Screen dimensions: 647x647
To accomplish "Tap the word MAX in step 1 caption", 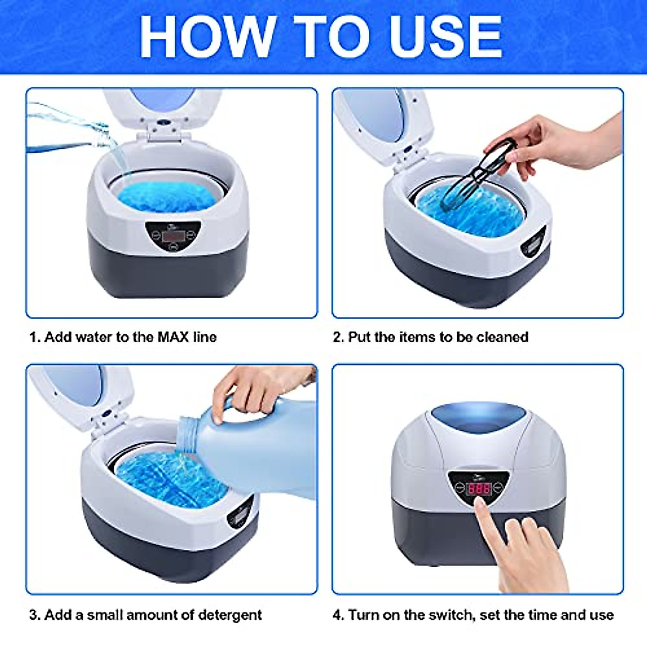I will point(173,338).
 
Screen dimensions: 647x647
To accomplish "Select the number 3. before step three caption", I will point(35,615).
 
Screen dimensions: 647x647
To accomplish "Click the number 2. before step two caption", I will point(338,338).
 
